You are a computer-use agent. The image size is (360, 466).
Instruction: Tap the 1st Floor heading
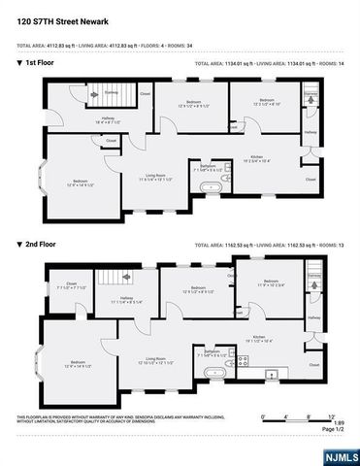click(x=39, y=64)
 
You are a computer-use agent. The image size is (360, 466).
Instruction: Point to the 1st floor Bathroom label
click(x=207, y=166)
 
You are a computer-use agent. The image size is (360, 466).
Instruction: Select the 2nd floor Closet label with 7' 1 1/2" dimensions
click(x=72, y=284)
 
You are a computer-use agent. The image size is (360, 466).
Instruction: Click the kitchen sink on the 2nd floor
click(x=273, y=374)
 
